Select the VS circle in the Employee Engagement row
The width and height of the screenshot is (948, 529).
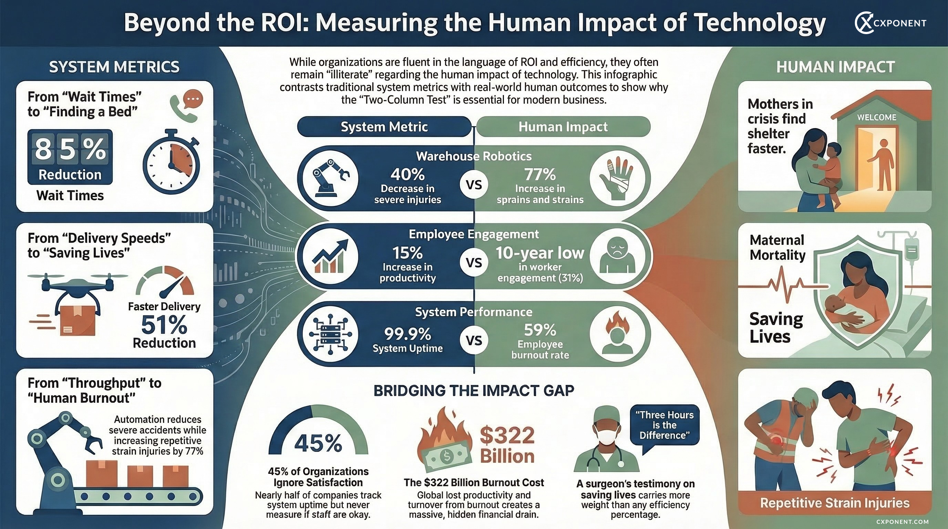[474, 262]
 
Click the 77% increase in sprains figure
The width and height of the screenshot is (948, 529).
[540, 174]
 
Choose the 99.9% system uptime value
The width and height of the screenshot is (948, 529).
[408, 334]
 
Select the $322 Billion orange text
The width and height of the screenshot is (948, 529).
[507, 445]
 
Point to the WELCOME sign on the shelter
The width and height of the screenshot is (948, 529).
[877, 117]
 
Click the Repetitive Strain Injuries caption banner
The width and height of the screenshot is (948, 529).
[835, 503]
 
